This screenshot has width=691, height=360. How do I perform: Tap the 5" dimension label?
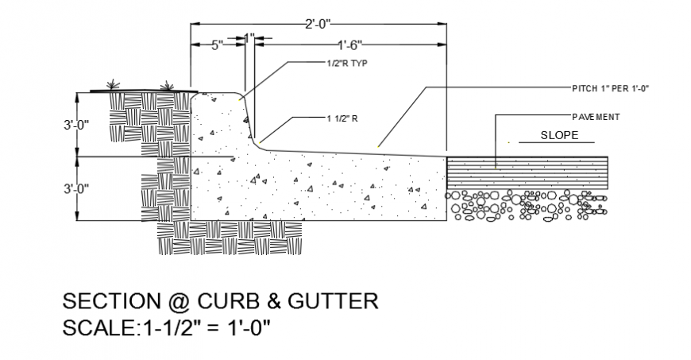tap(216, 45)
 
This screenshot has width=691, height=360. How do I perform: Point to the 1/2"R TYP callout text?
tap(348, 62)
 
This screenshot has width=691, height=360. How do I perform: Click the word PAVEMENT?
tap(596, 117)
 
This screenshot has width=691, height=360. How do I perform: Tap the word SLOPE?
tap(560, 135)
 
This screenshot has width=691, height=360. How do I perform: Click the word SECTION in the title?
tap(102, 302)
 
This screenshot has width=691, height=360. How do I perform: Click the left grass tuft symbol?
tap(114, 84)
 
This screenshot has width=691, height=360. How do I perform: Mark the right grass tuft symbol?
tap(167, 84)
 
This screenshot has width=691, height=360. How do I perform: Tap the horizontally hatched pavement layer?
tap(527, 173)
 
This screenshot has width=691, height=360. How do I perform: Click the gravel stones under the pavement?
tap(527, 205)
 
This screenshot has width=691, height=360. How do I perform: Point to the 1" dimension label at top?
tap(249, 37)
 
